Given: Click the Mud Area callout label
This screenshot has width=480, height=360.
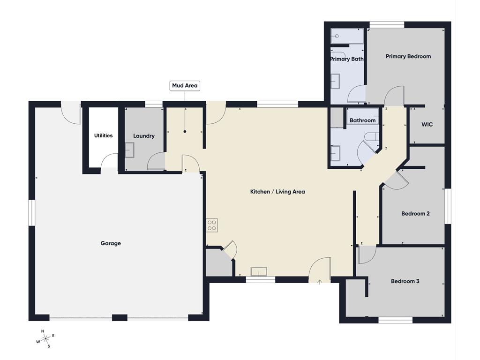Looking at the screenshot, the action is click(185, 86).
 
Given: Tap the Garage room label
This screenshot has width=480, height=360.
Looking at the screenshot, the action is click(111, 243).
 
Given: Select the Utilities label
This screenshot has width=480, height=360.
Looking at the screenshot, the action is click(103, 135).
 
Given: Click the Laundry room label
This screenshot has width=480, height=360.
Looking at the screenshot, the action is click(143, 136).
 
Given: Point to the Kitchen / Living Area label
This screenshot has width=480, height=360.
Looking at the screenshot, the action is click(277, 192).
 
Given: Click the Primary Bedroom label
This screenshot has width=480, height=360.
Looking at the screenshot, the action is click(408, 56).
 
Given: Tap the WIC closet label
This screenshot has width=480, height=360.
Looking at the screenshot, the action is click(427, 124).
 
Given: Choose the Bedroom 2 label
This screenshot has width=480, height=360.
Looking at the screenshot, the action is click(415, 214).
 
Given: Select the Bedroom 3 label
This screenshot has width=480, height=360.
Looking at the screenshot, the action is click(405, 281).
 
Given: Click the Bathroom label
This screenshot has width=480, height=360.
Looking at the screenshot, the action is click(362, 120).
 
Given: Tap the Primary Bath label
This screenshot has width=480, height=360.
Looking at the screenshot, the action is click(347, 59).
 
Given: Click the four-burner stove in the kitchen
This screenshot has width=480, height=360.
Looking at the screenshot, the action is click(212, 225).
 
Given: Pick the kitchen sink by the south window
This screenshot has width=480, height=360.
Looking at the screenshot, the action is click(259, 271).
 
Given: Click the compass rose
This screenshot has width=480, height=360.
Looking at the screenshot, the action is click(45, 338).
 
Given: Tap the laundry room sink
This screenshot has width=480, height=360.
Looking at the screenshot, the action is click(129, 150).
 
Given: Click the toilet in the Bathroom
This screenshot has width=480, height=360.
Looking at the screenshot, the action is click(372, 136).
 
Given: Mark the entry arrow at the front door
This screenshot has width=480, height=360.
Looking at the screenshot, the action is click(320, 282).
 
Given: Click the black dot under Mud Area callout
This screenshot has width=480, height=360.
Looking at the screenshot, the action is click(185, 132).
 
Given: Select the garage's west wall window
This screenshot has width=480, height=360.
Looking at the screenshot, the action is click(32, 213).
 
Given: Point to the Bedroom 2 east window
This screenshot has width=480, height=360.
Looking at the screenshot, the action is click(448, 206).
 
